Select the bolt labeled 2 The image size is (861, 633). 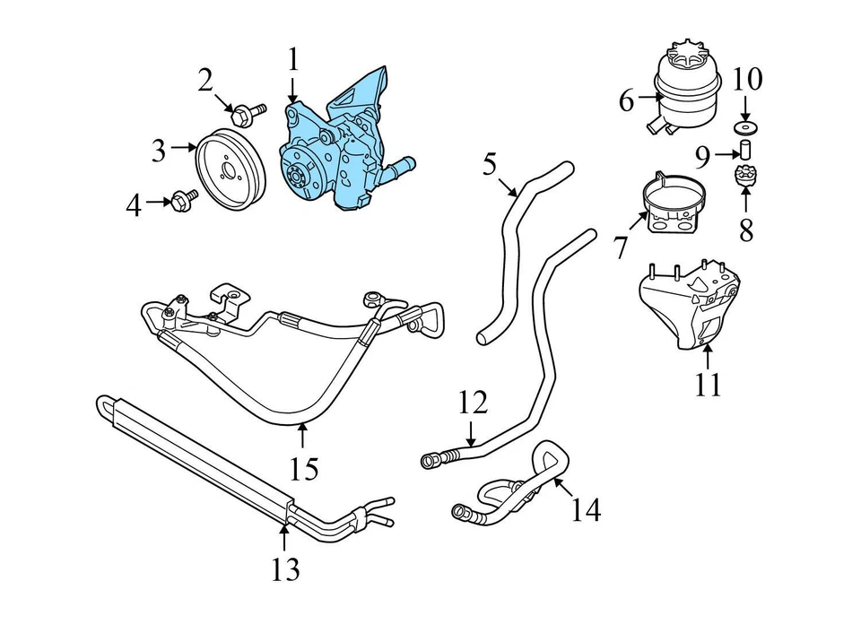[245, 114]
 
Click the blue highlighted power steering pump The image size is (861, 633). [342, 143]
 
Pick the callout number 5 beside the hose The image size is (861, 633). [490, 164]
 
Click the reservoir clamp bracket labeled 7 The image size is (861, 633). [744, 176]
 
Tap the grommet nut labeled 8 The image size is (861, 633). [744, 147]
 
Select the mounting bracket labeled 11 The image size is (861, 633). [472, 403]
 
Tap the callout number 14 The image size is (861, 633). [303, 467]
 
